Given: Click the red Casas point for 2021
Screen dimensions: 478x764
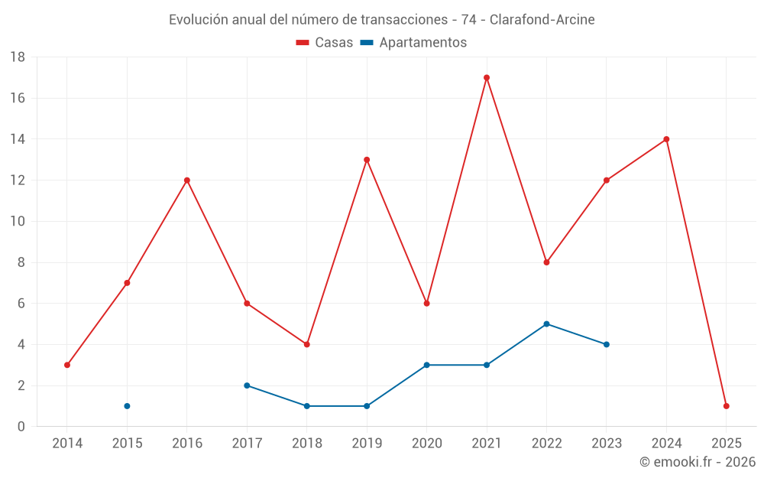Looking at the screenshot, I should (487, 77).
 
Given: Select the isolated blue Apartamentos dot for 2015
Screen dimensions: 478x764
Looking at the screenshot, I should (127, 406).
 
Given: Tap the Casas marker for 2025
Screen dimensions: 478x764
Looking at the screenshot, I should (727, 406).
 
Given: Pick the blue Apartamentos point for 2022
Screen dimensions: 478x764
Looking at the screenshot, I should (546, 324).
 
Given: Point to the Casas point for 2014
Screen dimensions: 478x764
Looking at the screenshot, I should (67, 365).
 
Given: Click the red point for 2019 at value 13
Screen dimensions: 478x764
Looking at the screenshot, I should (367, 160).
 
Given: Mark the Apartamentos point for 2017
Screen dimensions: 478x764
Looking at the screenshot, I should (247, 385).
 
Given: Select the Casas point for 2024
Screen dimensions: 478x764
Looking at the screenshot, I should (666, 139).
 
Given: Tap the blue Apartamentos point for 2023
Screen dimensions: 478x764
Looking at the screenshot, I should (607, 344).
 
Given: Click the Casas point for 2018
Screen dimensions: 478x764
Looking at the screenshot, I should (306, 344).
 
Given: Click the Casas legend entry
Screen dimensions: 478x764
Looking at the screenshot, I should (325, 43).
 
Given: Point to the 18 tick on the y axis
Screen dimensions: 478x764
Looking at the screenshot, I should (18, 57).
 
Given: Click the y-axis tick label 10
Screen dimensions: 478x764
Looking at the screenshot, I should (18, 222).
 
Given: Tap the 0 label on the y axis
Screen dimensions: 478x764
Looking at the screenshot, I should (21, 427).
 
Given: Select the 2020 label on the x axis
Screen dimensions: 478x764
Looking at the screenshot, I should (426, 443).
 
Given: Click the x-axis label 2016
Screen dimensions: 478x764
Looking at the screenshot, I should (186, 443).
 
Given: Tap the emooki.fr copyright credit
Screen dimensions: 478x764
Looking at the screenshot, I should (697, 462).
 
